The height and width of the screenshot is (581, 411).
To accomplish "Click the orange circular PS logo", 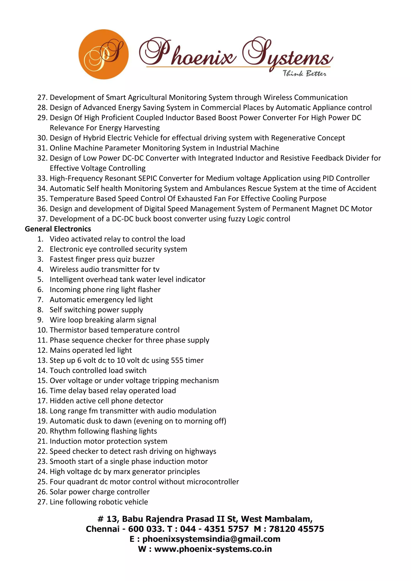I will coord(103,54).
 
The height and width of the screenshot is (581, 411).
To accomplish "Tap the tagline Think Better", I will coord(304,74).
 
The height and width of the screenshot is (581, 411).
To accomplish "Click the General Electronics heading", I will coord(58,229).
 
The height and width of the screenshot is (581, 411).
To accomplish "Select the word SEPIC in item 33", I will coord(148,178).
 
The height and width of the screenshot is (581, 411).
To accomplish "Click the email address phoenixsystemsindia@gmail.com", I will coord(211,539).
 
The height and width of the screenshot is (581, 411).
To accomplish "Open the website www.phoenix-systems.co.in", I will coord(213,549).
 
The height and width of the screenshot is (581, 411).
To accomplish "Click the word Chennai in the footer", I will coord(103,529).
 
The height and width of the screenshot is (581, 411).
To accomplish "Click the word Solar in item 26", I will coord(58,492).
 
